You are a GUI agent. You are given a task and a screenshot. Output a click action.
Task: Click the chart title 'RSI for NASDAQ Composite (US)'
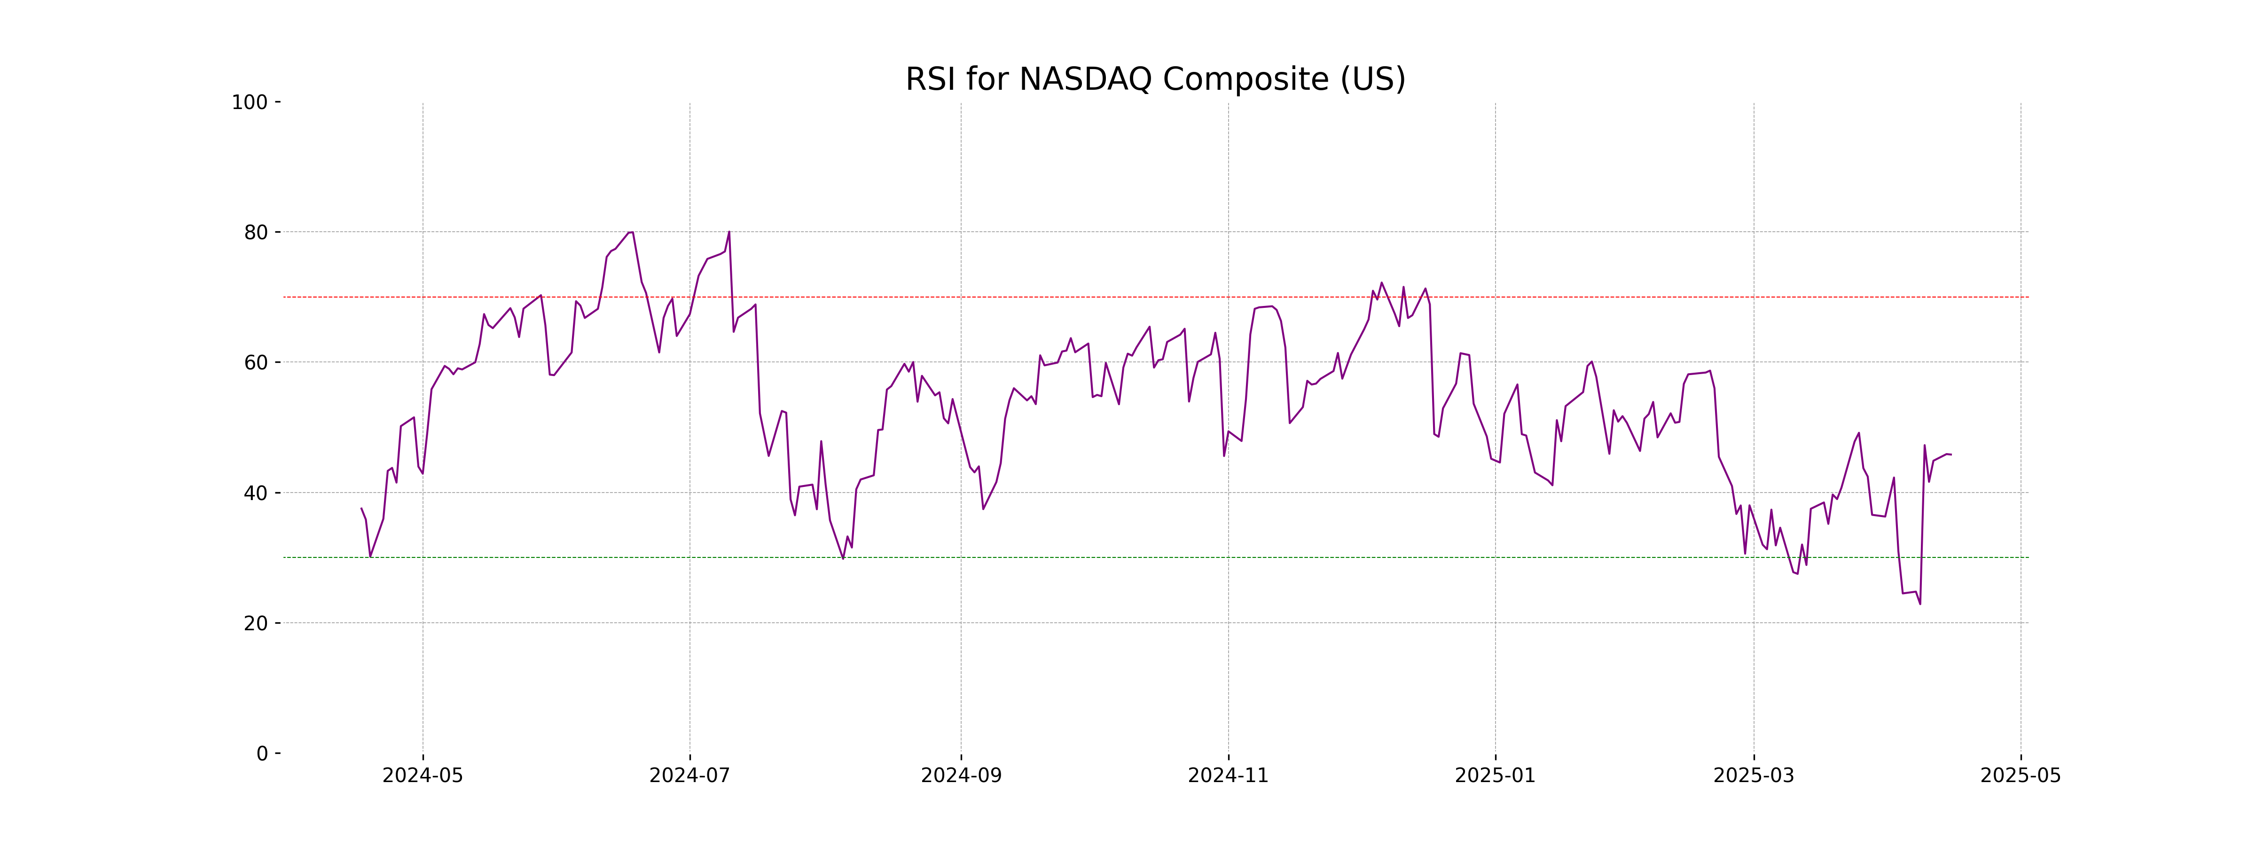coord(1155,80)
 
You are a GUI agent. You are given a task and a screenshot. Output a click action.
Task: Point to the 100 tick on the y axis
coord(250,102)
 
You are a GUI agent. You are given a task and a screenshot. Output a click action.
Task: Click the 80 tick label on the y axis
coord(256,233)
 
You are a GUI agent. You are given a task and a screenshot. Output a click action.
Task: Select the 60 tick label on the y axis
coord(256,362)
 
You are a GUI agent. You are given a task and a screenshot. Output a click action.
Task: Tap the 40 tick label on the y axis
coord(256,493)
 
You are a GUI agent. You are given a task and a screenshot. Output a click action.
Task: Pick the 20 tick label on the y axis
coord(256,624)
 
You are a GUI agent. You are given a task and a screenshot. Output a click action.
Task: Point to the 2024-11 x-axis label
coord(1228,776)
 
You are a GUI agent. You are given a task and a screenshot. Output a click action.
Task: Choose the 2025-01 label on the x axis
coord(1495,776)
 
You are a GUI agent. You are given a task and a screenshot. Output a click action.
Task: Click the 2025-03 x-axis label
coord(1753,776)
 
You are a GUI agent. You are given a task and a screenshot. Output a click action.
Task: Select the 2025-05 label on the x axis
coord(2021,776)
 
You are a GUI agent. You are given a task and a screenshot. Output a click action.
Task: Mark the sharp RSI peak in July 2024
coord(728,232)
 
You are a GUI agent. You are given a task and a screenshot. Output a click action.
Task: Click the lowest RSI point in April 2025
coord(1919,603)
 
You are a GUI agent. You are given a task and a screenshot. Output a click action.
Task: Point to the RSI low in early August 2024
coord(843,558)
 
